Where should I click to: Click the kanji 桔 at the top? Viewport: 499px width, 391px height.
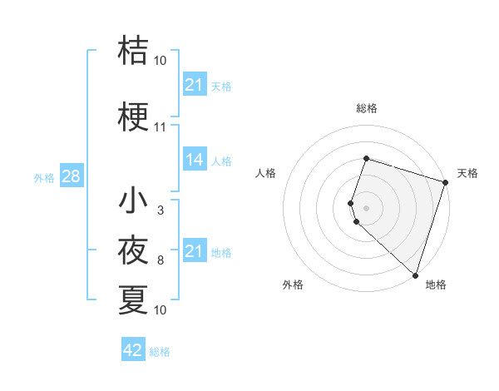point(134,50)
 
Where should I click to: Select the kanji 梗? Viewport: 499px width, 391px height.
point(134,117)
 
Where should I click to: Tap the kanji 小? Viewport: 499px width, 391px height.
point(134,201)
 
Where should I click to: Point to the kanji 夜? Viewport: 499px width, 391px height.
point(134,250)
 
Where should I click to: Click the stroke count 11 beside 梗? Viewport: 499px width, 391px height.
point(161,127)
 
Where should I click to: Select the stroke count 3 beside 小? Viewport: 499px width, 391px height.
point(161,210)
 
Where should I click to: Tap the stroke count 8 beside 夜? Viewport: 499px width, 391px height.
point(161,260)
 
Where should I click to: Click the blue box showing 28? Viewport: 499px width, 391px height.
point(70,176)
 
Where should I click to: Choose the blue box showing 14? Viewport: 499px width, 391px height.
point(195,160)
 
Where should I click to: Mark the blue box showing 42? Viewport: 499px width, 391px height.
point(133,350)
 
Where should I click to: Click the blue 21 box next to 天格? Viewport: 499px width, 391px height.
point(195,85)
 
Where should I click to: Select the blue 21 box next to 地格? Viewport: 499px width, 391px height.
point(195,251)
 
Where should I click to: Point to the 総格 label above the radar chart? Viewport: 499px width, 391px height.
point(367,108)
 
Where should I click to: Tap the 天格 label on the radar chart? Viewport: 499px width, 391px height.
point(468,173)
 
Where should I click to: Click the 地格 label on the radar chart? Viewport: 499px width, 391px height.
point(436,285)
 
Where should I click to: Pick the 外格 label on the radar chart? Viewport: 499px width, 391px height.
point(293,285)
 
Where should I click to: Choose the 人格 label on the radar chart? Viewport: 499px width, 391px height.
point(265,173)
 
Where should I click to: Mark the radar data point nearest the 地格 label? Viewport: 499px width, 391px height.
point(414,275)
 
